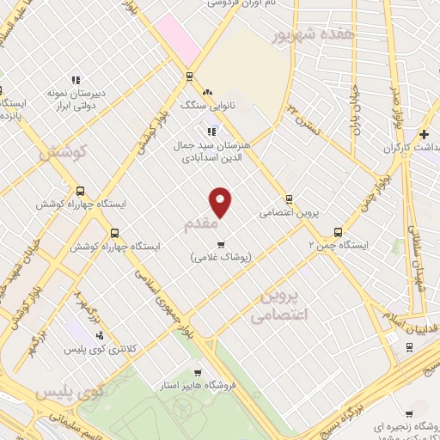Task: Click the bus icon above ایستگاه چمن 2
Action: click(338, 231)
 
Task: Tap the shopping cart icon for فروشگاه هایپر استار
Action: click(198, 372)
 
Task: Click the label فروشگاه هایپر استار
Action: click(203, 386)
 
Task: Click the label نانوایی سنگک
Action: click(205, 105)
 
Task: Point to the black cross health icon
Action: click(424, 135)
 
